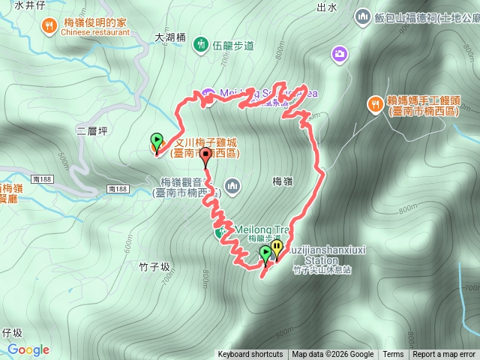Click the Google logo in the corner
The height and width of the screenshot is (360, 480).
28,349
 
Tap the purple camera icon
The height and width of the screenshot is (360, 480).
340,53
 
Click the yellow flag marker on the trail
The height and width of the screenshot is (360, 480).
277,247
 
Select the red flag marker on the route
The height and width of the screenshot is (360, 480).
205,155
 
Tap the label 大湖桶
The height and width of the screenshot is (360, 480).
169,35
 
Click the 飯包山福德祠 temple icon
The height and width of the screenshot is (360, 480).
363,16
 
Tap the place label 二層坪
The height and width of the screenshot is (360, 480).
92,130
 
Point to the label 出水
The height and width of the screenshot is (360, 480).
326,7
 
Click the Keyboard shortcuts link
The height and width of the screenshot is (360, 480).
250,355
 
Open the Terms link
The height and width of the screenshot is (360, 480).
393,355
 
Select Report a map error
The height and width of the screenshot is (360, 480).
444,355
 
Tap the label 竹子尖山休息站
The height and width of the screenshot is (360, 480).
322,269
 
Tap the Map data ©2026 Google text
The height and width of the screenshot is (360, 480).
333,355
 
